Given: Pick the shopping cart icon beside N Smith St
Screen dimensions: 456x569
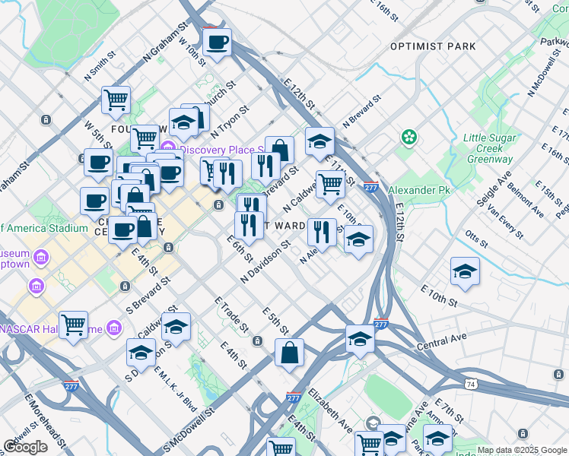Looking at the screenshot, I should tap(116, 99).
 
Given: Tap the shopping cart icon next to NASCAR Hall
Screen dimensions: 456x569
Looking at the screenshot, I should tap(73, 325).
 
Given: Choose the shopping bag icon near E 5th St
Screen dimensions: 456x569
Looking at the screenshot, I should tap(290, 353).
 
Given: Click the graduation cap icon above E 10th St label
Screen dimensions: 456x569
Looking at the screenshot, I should tap(465, 271).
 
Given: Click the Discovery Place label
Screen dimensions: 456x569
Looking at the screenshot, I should tap(221, 148).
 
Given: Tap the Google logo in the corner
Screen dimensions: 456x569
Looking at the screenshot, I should tap(25, 447).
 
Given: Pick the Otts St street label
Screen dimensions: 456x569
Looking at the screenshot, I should tap(475, 238).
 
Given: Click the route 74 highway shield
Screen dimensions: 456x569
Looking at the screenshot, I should tap(472, 385).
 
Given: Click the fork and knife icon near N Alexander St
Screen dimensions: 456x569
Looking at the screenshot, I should tap(322, 232).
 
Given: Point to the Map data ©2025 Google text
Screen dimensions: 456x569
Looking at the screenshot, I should tap(522, 450).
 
